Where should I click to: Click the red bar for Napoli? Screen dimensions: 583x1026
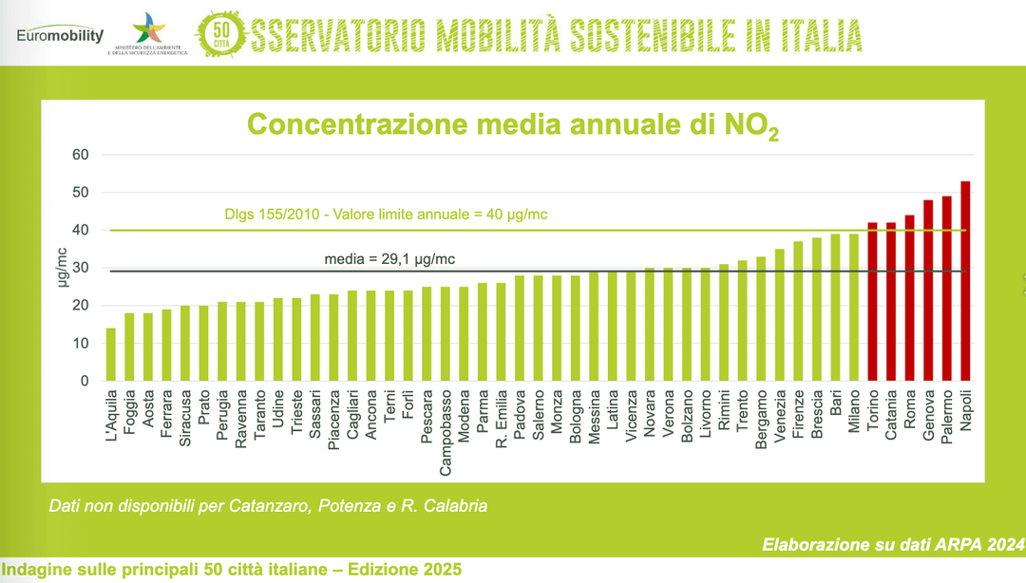(965, 281)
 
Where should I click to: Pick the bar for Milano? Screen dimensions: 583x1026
(853, 308)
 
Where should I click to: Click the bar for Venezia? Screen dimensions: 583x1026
(779, 315)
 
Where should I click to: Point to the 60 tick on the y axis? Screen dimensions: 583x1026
(81, 155)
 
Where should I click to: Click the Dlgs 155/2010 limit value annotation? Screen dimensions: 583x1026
(386, 215)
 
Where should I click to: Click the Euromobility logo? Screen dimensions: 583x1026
(60, 34)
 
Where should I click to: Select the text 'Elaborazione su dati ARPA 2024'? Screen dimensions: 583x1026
(893, 545)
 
